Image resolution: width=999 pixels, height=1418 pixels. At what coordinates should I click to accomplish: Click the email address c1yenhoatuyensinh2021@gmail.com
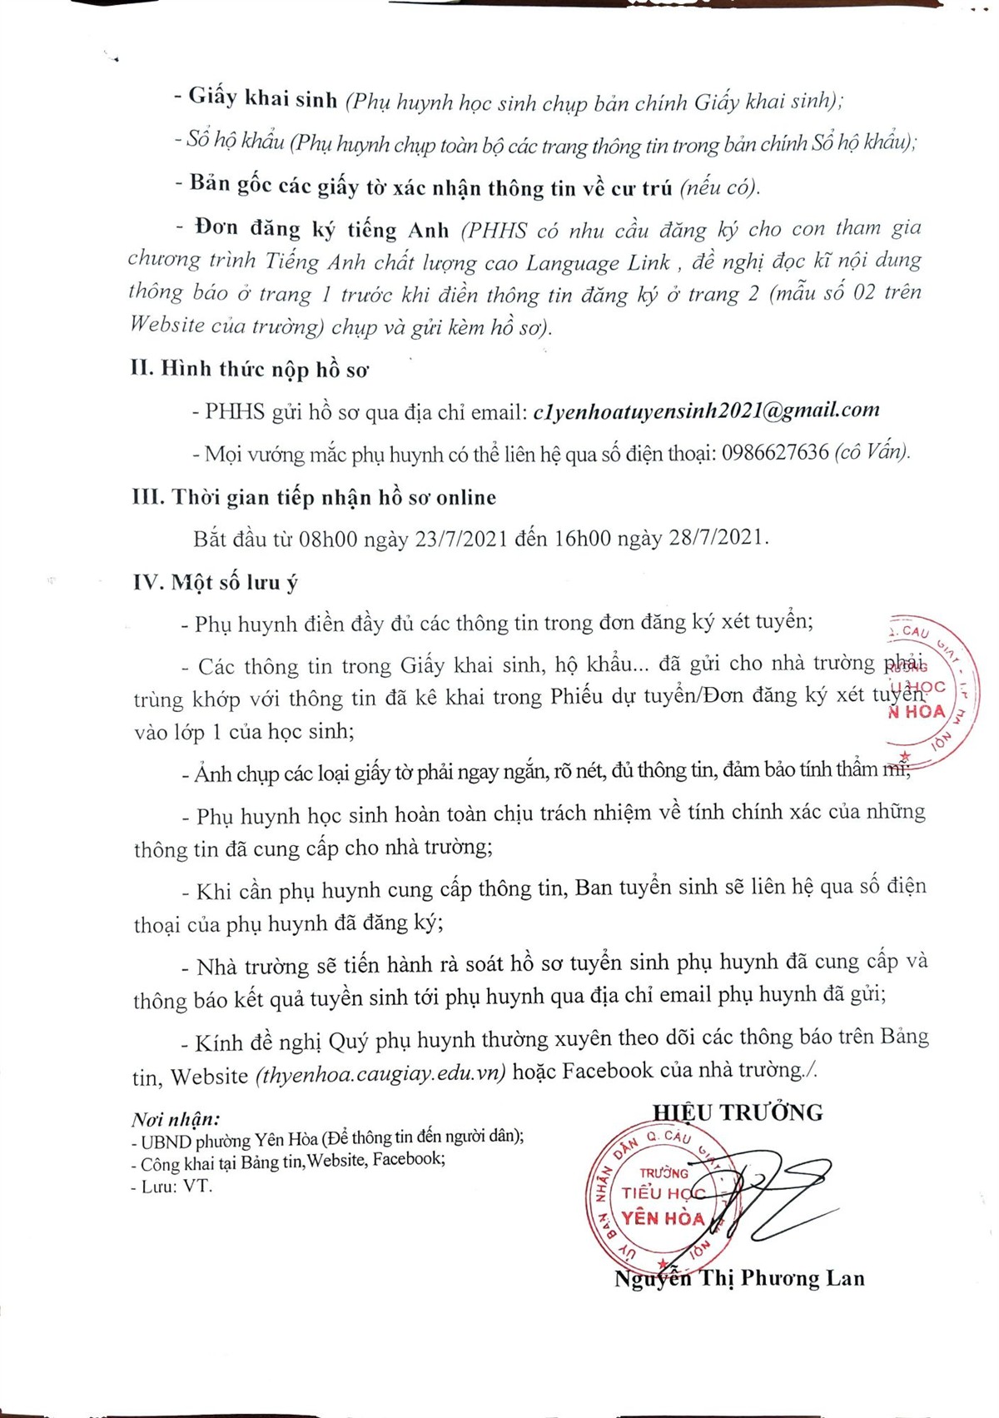(x=706, y=410)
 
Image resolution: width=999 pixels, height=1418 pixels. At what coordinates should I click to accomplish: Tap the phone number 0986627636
(x=775, y=453)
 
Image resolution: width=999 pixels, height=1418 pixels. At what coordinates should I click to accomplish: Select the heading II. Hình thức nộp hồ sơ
(x=249, y=369)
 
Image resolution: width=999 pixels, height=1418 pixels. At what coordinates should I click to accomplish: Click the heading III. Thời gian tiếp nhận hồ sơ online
(x=314, y=497)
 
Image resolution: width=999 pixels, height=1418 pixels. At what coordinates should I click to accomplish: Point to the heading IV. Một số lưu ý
(x=215, y=582)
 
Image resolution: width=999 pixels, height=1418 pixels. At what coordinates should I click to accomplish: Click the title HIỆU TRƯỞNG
(x=738, y=1112)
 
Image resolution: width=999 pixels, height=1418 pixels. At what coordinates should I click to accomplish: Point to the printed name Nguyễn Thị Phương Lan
(x=739, y=1278)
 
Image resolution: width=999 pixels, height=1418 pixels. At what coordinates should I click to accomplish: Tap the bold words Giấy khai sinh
(x=262, y=98)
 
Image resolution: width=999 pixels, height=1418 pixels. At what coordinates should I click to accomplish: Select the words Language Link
(x=598, y=263)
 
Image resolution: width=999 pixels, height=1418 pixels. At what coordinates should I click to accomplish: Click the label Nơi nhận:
(x=176, y=1119)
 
